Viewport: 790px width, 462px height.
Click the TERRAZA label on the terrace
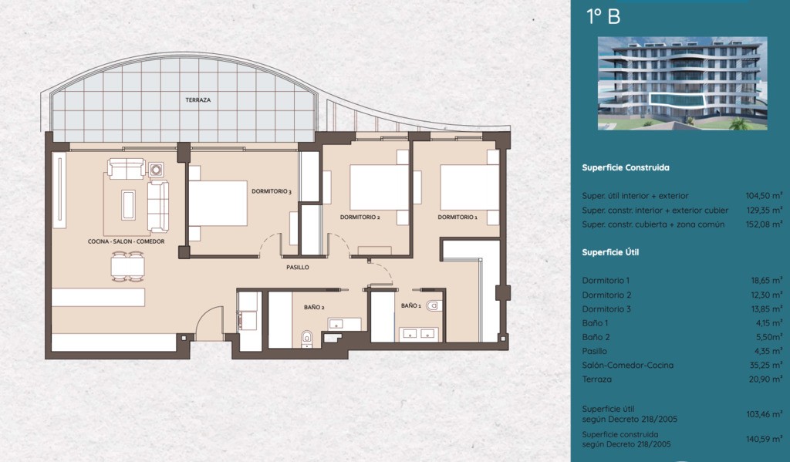198,99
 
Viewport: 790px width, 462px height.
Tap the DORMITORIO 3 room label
272,191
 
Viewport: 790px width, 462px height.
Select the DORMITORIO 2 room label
360,218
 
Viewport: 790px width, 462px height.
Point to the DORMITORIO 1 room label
457,218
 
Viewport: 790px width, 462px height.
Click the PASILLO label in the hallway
298,267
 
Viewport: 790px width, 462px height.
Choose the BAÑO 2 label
314,307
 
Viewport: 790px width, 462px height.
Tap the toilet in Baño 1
434,305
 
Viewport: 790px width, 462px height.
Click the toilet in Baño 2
307,339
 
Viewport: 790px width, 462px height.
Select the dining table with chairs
128,267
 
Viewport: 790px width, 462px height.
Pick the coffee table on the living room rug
129,204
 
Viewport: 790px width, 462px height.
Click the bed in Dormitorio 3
218,203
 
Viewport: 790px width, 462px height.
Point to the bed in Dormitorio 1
470,187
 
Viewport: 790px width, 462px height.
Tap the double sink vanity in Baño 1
419,334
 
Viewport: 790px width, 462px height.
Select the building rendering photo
683,83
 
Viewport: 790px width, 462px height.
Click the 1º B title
603,17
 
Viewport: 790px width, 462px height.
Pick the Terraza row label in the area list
597,379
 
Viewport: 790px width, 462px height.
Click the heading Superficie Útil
610,252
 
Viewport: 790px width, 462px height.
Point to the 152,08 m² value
765,224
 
